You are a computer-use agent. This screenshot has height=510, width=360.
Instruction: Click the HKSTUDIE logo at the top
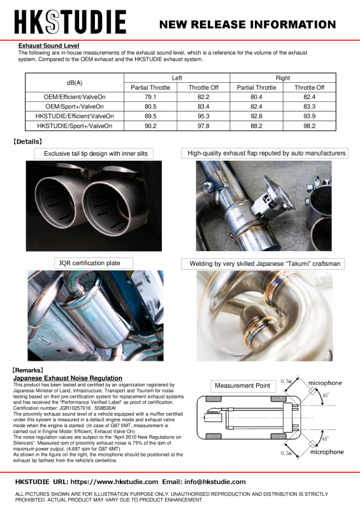tap(70, 24)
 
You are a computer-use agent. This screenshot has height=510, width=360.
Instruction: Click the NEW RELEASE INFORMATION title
tap(247, 25)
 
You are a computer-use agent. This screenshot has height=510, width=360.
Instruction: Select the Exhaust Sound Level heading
tap(49, 46)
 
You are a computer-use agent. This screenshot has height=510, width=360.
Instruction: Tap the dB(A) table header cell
tap(74, 82)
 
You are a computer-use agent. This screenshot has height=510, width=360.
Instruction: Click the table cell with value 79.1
tap(150, 97)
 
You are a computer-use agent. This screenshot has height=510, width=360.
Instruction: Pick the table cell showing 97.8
tap(203, 126)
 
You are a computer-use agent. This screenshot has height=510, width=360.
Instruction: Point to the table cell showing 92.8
tap(256, 117)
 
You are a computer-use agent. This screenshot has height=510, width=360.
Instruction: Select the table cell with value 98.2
tap(309, 126)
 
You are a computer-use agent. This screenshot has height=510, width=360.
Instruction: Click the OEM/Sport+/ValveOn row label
tap(74, 106)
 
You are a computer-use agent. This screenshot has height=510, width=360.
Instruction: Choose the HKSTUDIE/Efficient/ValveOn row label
tap(74, 117)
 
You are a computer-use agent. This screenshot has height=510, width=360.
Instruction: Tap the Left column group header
tap(176, 77)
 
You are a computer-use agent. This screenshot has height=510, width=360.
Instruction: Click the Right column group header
tap(283, 77)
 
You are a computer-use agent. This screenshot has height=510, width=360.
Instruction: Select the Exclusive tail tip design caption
tap(95, 154)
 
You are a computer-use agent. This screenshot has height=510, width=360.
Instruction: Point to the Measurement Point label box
tap(242, 386)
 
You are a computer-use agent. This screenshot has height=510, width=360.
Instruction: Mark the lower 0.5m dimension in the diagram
tap(286, 454)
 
